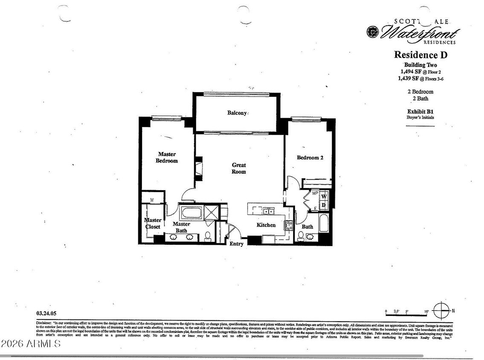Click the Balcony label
pos(237,113)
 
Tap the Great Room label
pos(239,168)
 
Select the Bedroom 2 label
pos(310,158)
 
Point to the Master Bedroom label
pos(167,157)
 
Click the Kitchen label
pos(266,225)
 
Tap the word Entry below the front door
pos(237,244)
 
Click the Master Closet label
pos(152,224)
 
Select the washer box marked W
pos(324,196)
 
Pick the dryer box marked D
pos(324,205)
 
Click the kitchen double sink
pos(268,211)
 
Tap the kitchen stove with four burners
pos(289,225)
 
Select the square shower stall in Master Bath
pos(212,212)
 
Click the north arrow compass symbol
pos(441,310)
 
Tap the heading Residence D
pos(420,55)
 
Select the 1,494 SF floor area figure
pos(408,72)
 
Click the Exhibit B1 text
pos(420,112)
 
